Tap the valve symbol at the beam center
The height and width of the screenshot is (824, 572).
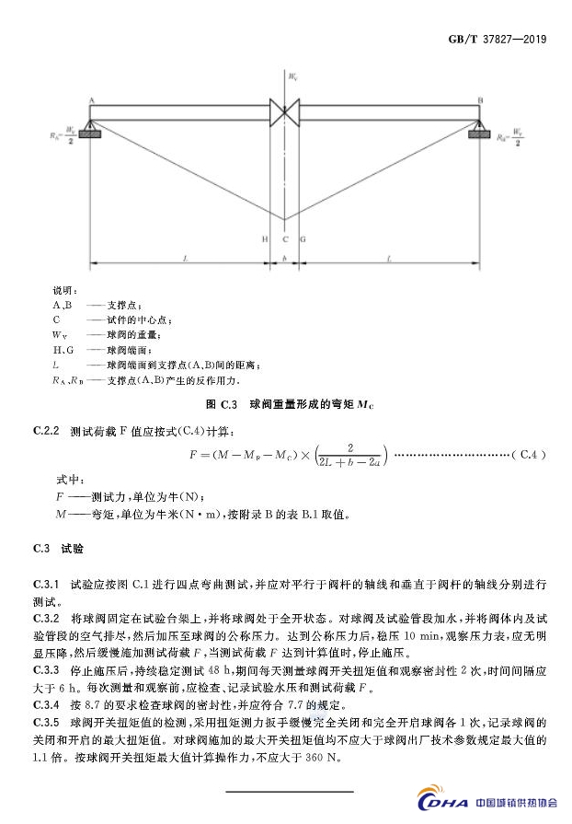point(285,111)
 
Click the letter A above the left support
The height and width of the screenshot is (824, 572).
point(93,98)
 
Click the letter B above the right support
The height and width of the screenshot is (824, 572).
point(480,98)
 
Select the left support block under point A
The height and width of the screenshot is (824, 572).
point(92,133)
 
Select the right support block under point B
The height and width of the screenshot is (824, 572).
point(480,133)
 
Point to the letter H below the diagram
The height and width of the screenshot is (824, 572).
point(265,238)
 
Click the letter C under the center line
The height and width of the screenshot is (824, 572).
point(285,238)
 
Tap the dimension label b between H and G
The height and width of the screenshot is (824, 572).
point(285,260)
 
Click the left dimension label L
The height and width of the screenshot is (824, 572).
point(184,260)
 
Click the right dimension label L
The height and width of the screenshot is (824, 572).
point(390,260)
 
